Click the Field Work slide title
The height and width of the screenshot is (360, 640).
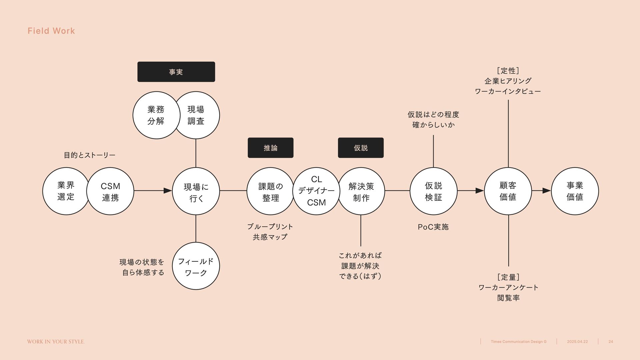[x=51, y=31]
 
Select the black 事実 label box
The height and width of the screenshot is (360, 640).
[x=176, y=72]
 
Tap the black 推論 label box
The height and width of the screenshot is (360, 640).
[x=270, y=148]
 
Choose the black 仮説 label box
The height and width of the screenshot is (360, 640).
[x=361, y=148]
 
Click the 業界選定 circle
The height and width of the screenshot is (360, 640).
[x=65, y=191]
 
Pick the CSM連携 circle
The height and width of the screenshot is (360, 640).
[x=110, y=191]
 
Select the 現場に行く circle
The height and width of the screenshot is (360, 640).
[x=196, y=191]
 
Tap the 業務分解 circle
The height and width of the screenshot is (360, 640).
[x=155, y=115]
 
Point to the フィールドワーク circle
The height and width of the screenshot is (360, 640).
[x=196, y=266]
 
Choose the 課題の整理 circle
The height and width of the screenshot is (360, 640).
[x=270, y=191]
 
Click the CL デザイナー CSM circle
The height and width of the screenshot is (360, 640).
[x=316, y=191]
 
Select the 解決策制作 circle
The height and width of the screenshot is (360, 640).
[x=361, y=191]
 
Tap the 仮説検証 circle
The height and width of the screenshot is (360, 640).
[x=433, y=191]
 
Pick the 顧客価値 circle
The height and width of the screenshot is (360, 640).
[x=508, y=191]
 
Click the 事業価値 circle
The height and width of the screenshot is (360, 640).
[x=575, y=191]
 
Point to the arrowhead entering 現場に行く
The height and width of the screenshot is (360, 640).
[x=168, y=191]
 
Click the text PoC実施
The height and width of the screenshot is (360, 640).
[x=433, y=227]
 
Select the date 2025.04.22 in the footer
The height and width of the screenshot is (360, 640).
[x=577, y=342]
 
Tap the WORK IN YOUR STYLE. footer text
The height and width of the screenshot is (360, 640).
[x=56, y=342]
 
